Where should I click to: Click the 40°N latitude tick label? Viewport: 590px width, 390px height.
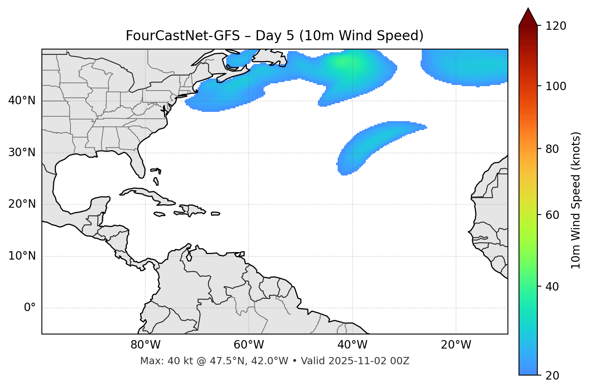[22, 101]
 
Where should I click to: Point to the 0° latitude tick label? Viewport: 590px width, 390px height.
[30, 308]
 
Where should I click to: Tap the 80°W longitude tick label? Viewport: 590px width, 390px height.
[145, 345]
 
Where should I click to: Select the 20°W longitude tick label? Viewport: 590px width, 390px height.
[456, 345]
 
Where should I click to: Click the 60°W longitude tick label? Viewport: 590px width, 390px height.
[249, 345]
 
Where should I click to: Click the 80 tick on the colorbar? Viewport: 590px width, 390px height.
[555, 149]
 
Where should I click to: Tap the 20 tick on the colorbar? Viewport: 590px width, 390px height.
[555, 376]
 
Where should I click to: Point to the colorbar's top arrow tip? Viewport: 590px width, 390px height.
[528, 8]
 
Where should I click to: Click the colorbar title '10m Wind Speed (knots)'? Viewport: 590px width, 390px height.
[576, 200]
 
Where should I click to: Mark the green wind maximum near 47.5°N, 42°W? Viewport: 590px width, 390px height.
[342, 62]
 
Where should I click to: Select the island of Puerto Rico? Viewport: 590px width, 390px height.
[216, 214]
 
